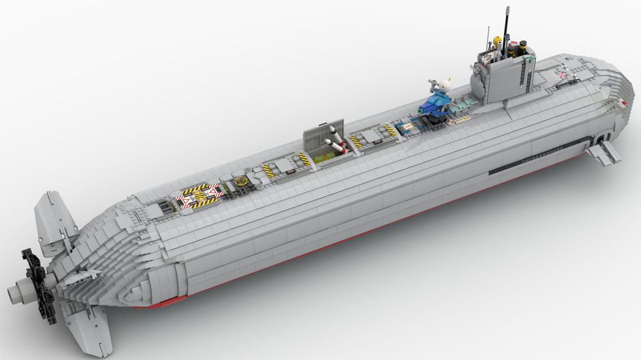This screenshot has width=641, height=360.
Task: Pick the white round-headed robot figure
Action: (x=442, y=85)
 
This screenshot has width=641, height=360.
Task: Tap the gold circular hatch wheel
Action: (x=242, y=182)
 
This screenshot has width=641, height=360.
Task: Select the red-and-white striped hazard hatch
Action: (x=199, y=195)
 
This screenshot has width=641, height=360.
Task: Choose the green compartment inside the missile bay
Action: (x=329, y=152)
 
